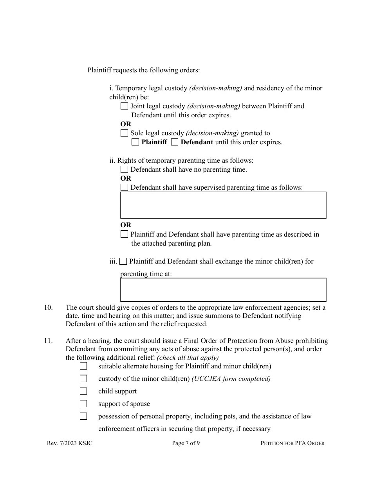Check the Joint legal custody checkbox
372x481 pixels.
(x=124, y=106)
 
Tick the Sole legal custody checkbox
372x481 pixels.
(x=124, y=133)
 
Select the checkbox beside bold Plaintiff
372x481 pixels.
(x=135, y=142)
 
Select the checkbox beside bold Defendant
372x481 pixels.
(x=175, y=142)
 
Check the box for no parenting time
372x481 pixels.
(x=124, y=169)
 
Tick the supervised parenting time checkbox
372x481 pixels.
(x=124, y=187)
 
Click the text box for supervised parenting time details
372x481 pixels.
(x=223, y=205)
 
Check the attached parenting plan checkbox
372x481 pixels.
(x=124, y=234)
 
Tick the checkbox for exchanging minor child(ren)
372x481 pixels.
(x=123, y=261)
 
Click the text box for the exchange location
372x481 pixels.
(x=223, y=290)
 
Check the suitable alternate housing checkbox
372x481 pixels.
(x=83, y=366)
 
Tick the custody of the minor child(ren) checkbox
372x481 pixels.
(x=83, y=379)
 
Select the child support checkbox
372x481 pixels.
(x=83, y=391)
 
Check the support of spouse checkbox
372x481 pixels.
(x=83, y=404)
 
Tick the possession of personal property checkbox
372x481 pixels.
(x=83, y=416)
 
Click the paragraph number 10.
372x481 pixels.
(x=48, y=307)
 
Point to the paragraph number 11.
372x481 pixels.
(x=48, y=341)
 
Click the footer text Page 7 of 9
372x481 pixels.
(x=186, y=443)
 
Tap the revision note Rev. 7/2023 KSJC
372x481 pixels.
(x=70, y=443)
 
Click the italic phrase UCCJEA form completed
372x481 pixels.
(x=231, y=379)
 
